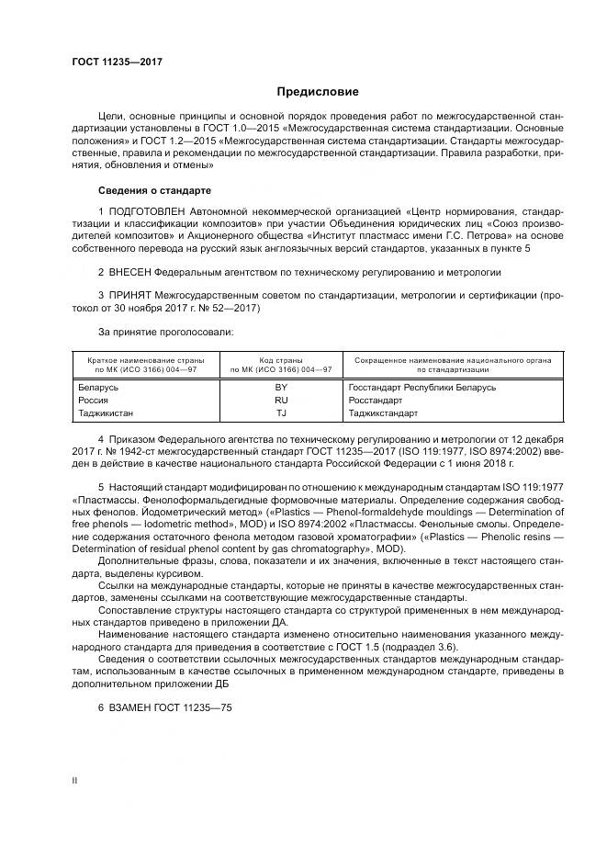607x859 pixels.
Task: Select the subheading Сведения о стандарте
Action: pos(154,190)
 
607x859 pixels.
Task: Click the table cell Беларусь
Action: pos(99,387)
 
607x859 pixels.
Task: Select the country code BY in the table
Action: pos(281,387)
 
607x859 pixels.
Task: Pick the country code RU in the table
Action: pos(281,401)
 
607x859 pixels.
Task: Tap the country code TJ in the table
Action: pos(281,413)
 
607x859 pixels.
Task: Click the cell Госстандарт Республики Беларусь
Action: pos(422,387)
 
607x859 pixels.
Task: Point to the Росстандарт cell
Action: pos(377,401)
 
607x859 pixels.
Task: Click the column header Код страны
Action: pos(281,360)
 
